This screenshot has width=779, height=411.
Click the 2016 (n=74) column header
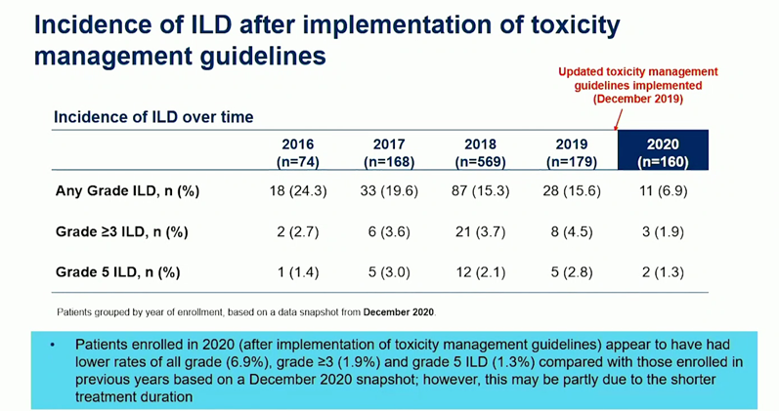[290, 152]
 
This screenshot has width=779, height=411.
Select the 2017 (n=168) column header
[389, 152]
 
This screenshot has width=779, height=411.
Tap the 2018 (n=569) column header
[481, 152]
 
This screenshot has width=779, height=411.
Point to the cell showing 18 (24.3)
[290, 191]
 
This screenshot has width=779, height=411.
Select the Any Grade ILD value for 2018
[481, 191]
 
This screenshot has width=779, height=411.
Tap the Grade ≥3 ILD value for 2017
[389, 234]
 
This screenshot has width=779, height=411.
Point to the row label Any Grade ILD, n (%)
[127, 191]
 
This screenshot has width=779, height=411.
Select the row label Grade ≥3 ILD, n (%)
[121, 234]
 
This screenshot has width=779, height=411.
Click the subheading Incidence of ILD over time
[153, 117]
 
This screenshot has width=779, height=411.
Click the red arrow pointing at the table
[617, 118]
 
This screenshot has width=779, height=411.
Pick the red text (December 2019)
[638, 99]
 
